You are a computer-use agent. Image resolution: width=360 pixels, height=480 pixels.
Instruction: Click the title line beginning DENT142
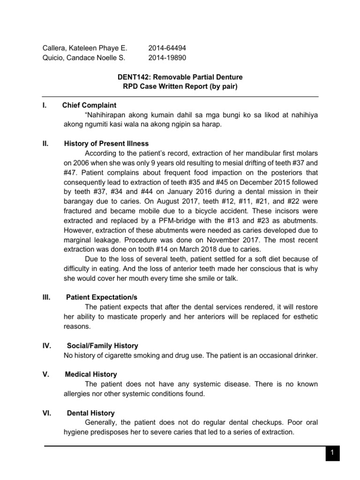coord(180,77)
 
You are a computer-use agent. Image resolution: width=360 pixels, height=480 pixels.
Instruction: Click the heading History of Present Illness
coord(106,143)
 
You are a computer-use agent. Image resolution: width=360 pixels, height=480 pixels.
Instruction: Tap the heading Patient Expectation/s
coord(102,297)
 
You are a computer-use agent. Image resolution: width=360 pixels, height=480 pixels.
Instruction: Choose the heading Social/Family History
coord(102,345)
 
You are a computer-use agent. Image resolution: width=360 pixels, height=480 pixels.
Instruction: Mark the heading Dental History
coord(90,413)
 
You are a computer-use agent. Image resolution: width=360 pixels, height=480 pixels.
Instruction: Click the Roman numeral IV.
coord(47,345)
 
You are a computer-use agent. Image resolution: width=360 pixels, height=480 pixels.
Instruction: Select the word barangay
coord(79,201)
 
